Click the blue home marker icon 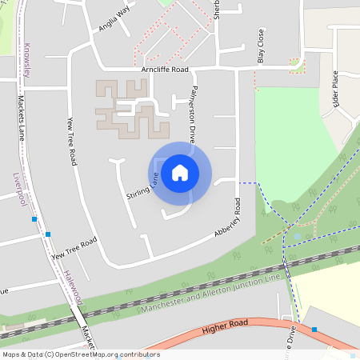tap(180, 172)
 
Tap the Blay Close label tap(260, 46)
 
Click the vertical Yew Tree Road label tap(72, 141)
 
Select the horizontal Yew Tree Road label tap(74, 250)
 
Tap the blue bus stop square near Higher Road tap(314, 330)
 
